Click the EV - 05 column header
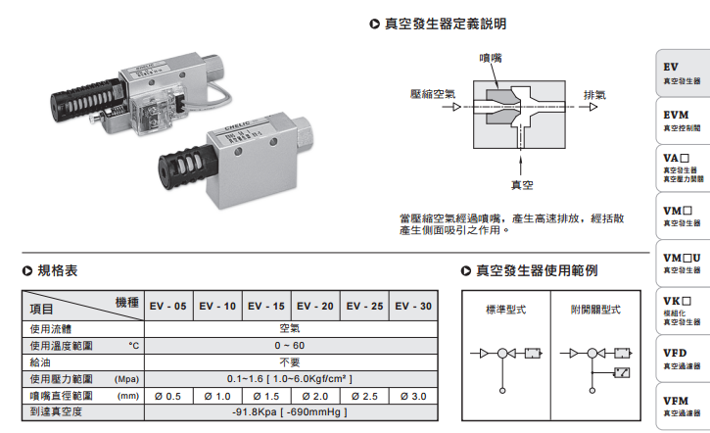167,307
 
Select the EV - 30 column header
412,307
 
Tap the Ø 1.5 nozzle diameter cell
265,396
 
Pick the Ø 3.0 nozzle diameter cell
412,396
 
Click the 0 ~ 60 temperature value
290,346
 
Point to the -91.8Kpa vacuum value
290,411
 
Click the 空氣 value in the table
290,329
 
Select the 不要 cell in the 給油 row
290,361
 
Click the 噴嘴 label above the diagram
490,59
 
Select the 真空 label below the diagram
522,183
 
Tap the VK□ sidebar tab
682,307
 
